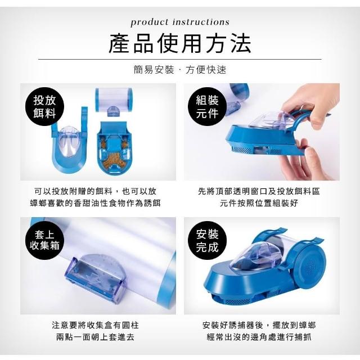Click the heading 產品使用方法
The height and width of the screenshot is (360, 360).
tap(180, 43)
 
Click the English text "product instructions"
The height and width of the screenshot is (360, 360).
tap(180, 22)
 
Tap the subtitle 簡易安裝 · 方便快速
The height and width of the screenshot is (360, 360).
tap(180, 70)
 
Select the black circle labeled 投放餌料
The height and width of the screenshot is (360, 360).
tap(44, 106)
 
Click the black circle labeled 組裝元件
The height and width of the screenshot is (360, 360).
tap(207, 106)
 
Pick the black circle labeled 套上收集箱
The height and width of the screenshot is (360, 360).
tap(44, 240)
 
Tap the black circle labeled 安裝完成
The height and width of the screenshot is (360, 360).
tap(207, 240)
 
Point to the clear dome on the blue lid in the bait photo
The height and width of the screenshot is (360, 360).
tap(68, 141)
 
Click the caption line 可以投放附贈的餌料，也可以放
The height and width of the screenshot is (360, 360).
tap(95, 191)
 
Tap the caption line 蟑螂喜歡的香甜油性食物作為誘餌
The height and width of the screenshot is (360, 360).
tap(95, 203)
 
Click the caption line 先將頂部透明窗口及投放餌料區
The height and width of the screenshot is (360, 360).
tap(259, 191)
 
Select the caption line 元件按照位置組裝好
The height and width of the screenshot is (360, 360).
tap(259, 203)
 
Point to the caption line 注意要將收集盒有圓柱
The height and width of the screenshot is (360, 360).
tap(95, 325)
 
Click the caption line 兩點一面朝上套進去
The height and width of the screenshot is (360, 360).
tap(95, 337)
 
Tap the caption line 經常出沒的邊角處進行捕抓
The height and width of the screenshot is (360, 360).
tap(259, 337)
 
